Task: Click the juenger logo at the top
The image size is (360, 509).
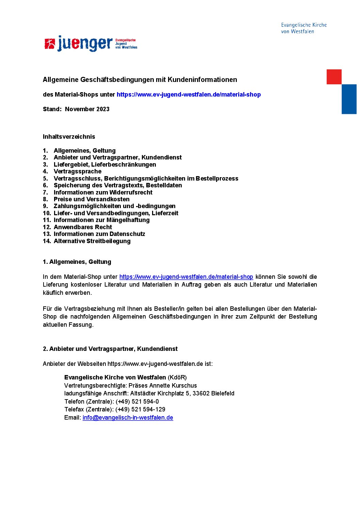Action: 91,44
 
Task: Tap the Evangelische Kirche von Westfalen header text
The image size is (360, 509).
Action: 304,28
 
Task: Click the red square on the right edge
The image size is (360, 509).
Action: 334,77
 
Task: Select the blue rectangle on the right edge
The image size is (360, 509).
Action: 349,99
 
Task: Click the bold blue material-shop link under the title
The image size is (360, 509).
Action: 189,95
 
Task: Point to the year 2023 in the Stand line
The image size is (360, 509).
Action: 103,109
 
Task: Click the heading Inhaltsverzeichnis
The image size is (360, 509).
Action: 69,137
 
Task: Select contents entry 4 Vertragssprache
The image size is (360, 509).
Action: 77,171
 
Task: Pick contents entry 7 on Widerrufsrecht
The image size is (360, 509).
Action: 103,192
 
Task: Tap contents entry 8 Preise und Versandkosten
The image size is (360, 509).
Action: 92,199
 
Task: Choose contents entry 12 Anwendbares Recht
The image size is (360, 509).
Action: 83,227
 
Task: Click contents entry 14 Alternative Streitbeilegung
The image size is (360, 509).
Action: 92,241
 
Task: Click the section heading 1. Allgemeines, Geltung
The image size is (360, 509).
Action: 77,262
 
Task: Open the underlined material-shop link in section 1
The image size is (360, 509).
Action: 186,277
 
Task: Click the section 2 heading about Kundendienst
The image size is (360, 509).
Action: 110,349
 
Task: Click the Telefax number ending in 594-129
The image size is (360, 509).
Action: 140,409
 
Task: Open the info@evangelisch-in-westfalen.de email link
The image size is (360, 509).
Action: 128,418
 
